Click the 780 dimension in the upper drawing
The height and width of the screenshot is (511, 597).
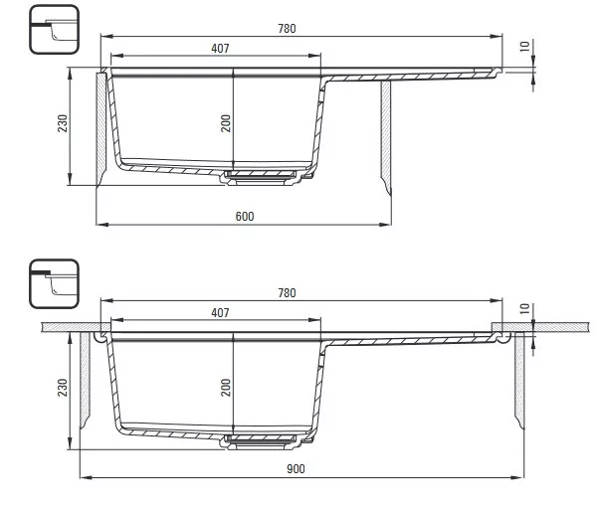click(287, 29)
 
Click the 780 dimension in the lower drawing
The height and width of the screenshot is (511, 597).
click(287, 293)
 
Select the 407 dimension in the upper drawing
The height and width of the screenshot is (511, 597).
click(220, 49)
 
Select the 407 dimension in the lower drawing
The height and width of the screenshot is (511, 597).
click(220, 313)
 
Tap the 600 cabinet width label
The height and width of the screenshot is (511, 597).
click(245, 216)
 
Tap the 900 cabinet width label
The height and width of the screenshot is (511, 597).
click(296, 469)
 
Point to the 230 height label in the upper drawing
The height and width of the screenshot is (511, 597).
click(63, 123)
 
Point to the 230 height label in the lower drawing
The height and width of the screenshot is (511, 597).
click(63, 388)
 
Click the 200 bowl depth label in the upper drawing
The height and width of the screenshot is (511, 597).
click(226, 123)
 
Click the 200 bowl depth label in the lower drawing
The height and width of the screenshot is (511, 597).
click(226, 388)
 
